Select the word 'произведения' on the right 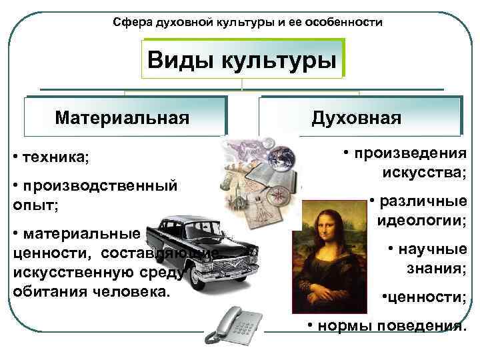(410, 153)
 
